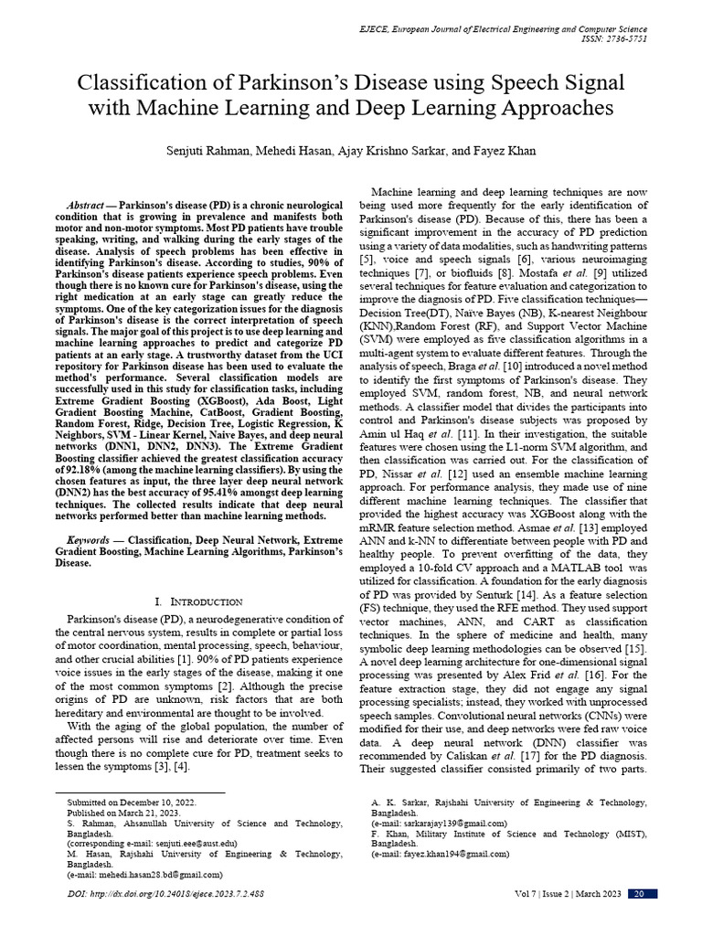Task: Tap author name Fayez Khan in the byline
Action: (505, 150)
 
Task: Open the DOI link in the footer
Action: (166, 893)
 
